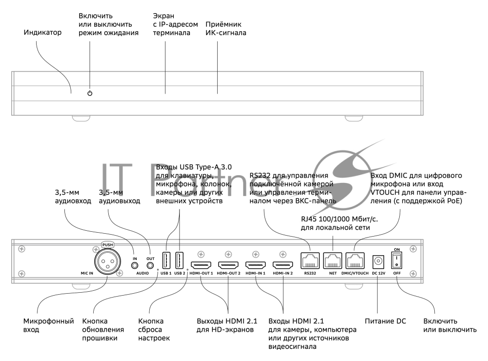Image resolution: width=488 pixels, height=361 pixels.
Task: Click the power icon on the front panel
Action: [89, 93]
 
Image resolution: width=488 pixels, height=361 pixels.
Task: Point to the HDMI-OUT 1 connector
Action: [201, 265]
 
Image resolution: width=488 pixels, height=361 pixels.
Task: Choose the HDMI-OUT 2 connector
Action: [228, 265]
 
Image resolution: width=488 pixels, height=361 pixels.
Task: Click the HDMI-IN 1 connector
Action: [256, 265]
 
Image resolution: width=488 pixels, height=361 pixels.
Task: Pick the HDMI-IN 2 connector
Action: [283, 265]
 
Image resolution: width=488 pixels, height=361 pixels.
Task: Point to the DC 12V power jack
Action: [378, 261]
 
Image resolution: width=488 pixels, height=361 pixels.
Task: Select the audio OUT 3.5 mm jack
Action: [150, 265]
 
